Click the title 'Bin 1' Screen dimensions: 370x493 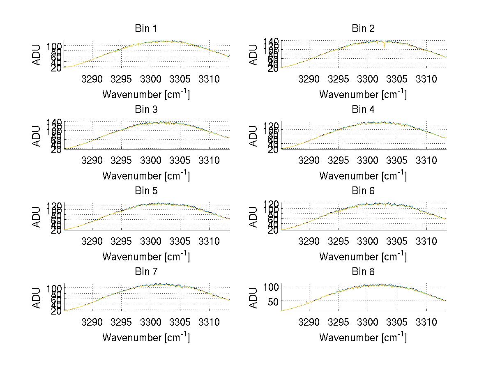tap(146, 29)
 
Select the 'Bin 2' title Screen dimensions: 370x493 tap(363, 29)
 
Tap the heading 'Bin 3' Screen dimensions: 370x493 tap(146, 110)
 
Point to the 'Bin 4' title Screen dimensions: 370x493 tap(363, 110)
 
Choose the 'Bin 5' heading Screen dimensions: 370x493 tap(146, 191)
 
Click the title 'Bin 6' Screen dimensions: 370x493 tap(363, 191)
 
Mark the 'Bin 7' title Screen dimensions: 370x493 tap(146, 272)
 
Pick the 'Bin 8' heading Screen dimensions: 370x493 tap(363, 272)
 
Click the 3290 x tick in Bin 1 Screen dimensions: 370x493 tap(92, 78)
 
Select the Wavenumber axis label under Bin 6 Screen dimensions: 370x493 tap(363, 256)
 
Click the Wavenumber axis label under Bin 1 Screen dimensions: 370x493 tap(146, 94)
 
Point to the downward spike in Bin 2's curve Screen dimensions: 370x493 tap(385, 46)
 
